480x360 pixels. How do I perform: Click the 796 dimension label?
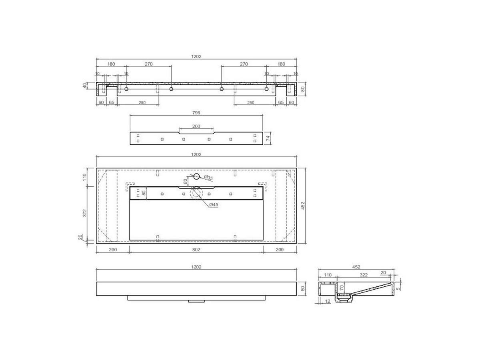pos(196,113)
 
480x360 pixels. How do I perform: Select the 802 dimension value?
pos(196,250)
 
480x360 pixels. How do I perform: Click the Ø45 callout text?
pos(214,205)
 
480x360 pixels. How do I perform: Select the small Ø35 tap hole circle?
pos(196,176)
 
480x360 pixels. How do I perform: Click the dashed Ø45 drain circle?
pos(196,193)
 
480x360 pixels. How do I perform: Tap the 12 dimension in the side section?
pos(328,301)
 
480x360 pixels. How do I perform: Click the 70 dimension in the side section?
pos(341,287)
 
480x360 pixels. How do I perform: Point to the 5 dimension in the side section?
pos(398,287)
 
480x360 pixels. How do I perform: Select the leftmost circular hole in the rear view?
pos(126,89)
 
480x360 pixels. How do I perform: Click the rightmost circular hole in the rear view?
pos(266,89)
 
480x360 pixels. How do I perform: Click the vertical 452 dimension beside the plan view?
pos(303,206)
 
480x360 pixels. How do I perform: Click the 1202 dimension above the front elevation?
pos(196,267)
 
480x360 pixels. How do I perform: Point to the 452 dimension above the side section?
pos(356,267)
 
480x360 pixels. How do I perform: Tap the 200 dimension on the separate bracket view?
pos(196,126)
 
